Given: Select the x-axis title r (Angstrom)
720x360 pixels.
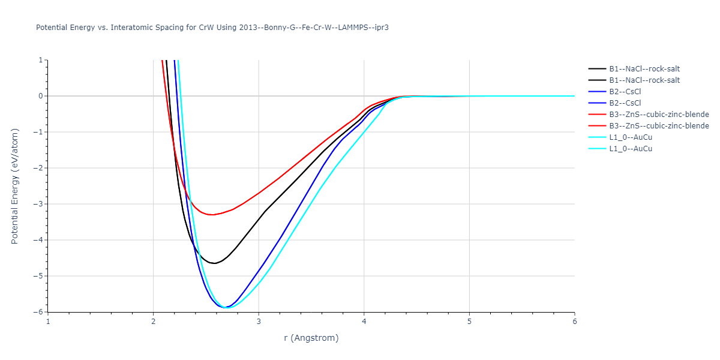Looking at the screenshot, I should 311,338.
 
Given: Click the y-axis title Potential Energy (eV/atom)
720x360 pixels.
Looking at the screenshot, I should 15,186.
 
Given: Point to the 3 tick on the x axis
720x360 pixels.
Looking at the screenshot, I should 259,321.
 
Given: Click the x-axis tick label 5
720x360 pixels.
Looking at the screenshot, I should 469,321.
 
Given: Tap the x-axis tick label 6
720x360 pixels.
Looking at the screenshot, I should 574,321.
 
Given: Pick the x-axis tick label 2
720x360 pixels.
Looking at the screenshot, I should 154,321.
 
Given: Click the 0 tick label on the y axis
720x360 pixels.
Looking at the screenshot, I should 41,96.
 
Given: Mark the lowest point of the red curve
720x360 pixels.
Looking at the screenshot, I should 212,215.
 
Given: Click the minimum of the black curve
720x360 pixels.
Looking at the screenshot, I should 214,263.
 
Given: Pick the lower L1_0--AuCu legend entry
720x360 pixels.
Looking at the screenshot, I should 631,149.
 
